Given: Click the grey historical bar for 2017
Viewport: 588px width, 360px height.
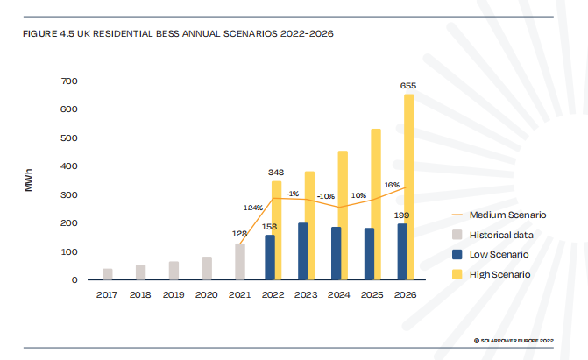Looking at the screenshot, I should [108, 274].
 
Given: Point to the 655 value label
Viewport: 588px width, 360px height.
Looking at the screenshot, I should [407, 86].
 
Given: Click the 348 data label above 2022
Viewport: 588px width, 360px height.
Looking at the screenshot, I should [275, 173].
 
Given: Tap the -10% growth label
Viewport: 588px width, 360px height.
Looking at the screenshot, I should [326, 195].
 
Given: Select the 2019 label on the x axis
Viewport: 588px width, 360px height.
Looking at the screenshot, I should [174, 294].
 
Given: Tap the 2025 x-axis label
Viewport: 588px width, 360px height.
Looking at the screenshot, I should [372, 294].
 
